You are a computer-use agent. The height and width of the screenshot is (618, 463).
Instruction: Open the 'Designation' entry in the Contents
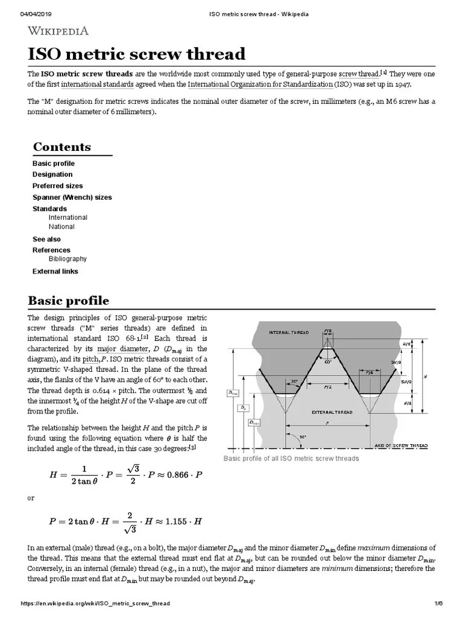tap(52, 174)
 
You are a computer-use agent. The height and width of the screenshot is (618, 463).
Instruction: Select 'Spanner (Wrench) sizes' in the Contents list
tap(72, 197)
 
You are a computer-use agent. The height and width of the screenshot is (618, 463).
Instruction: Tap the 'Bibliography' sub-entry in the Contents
tap(68, 259)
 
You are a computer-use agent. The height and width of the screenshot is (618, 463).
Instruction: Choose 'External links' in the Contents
tap(55, 272)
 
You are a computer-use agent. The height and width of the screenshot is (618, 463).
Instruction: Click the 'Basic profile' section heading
tap(68, 301)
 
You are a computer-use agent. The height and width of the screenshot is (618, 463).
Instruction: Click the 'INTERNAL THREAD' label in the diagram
tap(289, 333)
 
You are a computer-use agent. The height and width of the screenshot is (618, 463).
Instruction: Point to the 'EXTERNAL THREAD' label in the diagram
tap(331, 412)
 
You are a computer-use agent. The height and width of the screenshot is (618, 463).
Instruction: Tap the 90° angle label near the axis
tap(303, 436)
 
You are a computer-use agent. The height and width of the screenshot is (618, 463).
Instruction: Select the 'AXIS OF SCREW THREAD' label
tap(401, 445)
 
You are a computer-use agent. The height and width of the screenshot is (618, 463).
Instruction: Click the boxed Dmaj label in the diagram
tap(233, 393)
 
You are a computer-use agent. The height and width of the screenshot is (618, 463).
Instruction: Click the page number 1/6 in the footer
tap(438, 604)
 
